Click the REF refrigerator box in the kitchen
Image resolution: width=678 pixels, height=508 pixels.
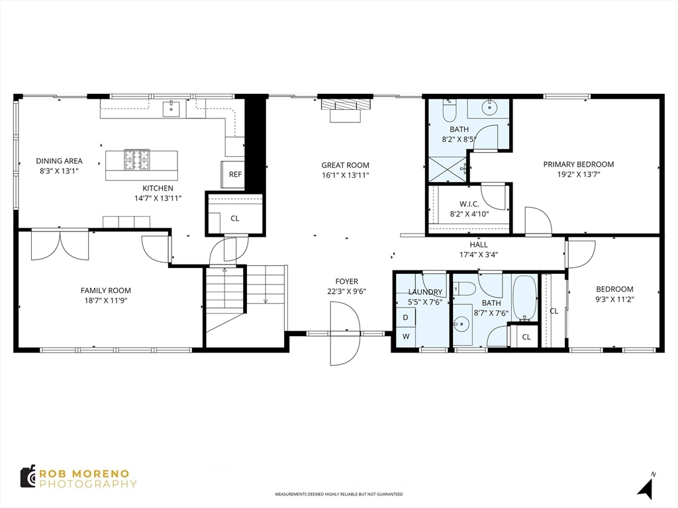233,174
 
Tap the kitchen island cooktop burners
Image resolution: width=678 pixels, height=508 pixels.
137,160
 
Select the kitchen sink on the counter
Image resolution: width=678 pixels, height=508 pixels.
171,108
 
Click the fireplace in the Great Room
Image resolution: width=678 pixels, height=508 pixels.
345,110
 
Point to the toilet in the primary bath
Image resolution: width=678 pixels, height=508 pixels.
450,110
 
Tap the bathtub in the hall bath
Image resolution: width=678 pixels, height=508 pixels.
524,298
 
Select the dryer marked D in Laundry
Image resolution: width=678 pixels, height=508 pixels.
406,317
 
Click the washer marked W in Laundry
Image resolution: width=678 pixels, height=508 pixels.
406,336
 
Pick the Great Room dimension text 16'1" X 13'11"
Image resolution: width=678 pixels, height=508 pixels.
345,175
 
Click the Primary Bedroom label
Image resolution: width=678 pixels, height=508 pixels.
579,164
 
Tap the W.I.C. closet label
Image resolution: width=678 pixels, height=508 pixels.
469,204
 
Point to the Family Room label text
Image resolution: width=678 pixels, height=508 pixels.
106,290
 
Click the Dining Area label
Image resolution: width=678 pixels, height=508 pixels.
59,161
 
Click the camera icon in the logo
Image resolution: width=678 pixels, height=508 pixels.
28,476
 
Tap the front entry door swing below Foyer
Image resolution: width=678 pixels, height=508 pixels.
344,333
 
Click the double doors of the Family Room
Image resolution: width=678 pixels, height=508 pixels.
60,245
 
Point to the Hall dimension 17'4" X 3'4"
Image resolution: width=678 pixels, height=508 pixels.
479,255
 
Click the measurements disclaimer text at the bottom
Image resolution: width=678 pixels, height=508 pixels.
339,493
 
